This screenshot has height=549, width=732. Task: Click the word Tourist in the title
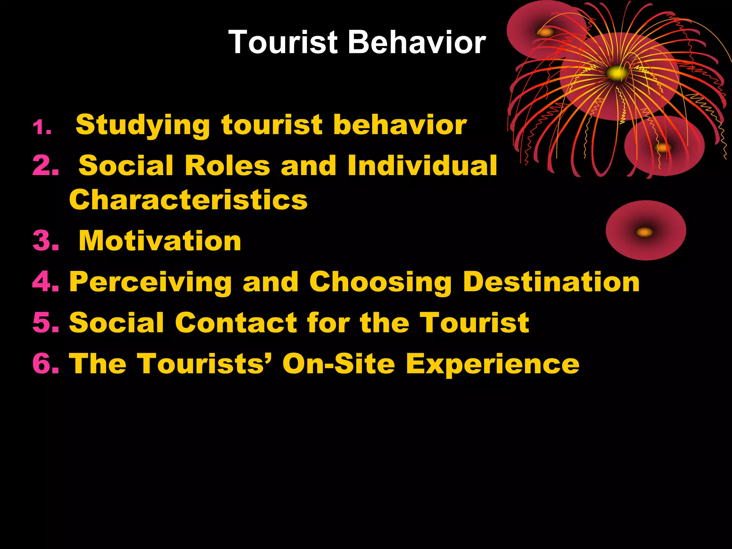click(283, 42)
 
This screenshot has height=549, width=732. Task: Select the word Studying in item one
click(143, 125)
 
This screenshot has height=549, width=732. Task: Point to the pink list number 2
click(45, 165)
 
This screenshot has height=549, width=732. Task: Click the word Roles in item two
click(227, 165)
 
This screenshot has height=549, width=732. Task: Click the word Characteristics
click(188, 199)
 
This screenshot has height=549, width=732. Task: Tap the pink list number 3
click(45, 241)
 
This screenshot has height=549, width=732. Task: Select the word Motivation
click(160, 241)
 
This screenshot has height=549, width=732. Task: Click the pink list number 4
click(45, 282)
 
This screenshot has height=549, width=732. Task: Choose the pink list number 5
click(45, 322)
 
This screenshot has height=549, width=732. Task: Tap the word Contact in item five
click(236, 322)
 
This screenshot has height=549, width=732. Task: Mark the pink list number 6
click(45, 363)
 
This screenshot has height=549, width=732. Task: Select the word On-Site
click(338, 363)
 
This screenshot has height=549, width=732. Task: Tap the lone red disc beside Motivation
click(646, 231)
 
